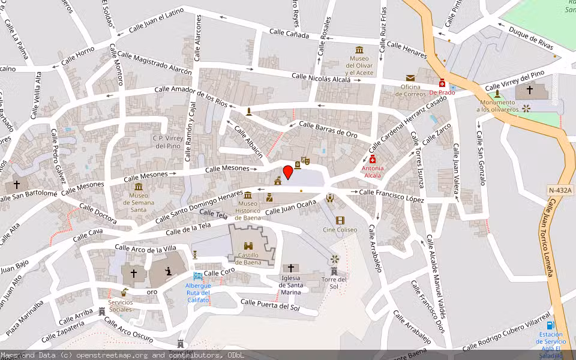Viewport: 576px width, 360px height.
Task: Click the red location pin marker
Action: coord(288,172)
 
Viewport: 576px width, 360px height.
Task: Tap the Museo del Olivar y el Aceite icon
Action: coord(359,50)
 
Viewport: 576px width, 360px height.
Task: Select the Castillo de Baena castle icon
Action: coord(248,245)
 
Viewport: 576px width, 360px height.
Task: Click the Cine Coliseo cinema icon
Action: coord(340,220)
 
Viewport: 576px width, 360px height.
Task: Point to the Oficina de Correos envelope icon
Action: coord(410,78)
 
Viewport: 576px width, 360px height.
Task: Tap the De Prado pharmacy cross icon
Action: coord(442,83)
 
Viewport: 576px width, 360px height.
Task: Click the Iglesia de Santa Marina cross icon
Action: coord(291,268)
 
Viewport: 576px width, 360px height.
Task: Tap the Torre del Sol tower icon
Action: coord(334,271)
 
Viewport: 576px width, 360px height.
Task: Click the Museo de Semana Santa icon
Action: coord(139,187)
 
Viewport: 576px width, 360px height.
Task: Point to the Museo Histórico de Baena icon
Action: coord(248,195)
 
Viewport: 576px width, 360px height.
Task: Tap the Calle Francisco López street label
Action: coord(391,196)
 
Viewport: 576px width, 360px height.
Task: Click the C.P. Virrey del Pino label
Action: coord(167,142)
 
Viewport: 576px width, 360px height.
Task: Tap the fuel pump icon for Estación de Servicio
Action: coord(551,325)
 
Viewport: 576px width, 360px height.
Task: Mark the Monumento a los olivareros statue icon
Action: coord(497,94)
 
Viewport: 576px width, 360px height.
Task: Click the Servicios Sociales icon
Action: coord(124,293)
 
